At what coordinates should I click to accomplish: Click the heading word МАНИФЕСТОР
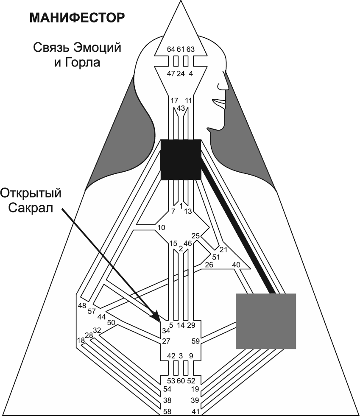point(77,18)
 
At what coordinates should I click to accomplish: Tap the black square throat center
point(181,159)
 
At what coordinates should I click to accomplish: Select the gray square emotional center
point(265,321)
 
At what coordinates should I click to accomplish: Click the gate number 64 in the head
point(171,49)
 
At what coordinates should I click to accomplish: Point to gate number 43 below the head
point(181,109)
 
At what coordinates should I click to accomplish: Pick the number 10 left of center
point(161,228)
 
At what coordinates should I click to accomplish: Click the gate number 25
point(195,236)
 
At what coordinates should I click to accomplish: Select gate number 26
point(209,265)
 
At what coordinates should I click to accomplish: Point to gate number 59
point(195,340)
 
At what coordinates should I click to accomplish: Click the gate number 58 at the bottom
point(168,411)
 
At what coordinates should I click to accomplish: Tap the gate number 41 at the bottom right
point(195,411)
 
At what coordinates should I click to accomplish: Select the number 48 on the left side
point(82,305)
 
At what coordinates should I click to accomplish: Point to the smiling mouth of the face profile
point(220,103)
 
